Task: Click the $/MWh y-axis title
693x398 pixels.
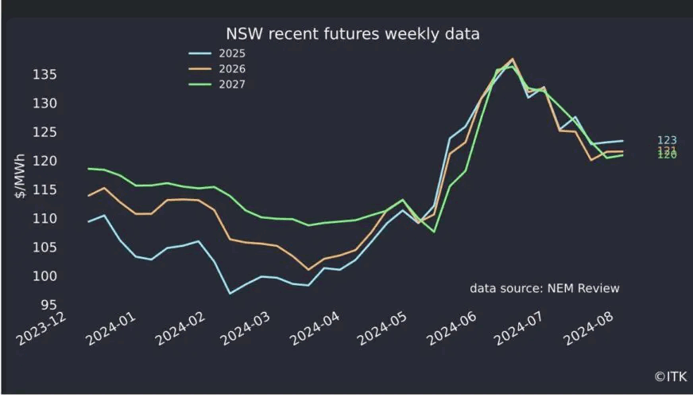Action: (x=22, y=189)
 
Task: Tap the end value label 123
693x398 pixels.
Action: (x=668, y=140)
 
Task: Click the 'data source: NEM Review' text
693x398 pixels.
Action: (x=544, y=288)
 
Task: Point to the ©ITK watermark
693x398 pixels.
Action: (x=669, y=376)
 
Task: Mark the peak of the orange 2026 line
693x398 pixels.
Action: (x=513, y=59)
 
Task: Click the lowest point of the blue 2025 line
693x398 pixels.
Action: (x=230, y=293)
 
